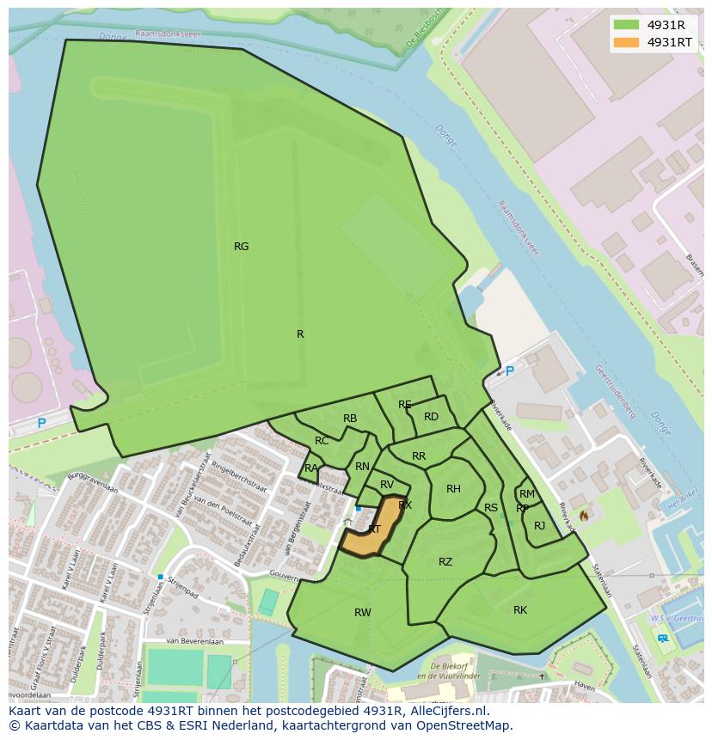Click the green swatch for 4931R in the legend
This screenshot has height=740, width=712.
pos(626,25)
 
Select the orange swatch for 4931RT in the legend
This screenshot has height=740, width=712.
pos(626,42)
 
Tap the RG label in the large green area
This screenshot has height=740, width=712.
pos(242,247)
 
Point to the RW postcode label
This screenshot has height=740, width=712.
pos(363,613)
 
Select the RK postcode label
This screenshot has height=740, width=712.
pos(520,610)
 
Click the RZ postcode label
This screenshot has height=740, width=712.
pos(445,562)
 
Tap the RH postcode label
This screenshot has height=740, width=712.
pos(453,489)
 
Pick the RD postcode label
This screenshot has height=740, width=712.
pos(431,417)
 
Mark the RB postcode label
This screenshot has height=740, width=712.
pos(350,419)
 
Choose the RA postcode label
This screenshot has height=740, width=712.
pos(311,468)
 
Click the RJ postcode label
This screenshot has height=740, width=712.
pos(540,526)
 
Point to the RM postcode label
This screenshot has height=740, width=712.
pos(527,494)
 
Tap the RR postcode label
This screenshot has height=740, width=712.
pos(419,456)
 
